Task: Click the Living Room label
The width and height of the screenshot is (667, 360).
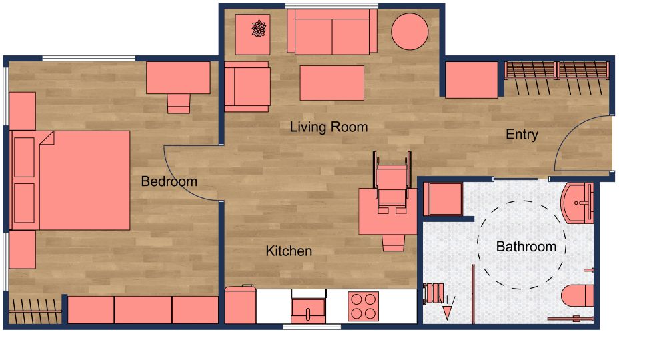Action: [x=328, y=127]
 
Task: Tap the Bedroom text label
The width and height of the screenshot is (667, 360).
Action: [x=169, y=181]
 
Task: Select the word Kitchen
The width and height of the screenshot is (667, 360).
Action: [x=289, y=251]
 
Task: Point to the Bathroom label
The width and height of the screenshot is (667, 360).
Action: [x=526, y=247]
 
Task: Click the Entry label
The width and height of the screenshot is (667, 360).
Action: [x=522, y=135]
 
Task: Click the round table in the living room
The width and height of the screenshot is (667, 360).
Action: [x=409, y=31]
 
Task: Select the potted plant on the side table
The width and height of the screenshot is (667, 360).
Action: [x=259, y=29]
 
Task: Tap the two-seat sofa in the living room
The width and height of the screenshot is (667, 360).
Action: [x=329, y=33]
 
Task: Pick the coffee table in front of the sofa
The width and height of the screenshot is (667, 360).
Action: [x=331, y=83]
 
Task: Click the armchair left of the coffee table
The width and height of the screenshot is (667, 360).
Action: [x=247, y=87]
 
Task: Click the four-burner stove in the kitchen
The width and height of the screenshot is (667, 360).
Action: [x=363, y=306]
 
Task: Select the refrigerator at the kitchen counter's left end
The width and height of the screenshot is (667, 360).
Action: [x=240, y=306]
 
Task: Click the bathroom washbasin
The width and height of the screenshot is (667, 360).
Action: [x=578, y=203]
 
